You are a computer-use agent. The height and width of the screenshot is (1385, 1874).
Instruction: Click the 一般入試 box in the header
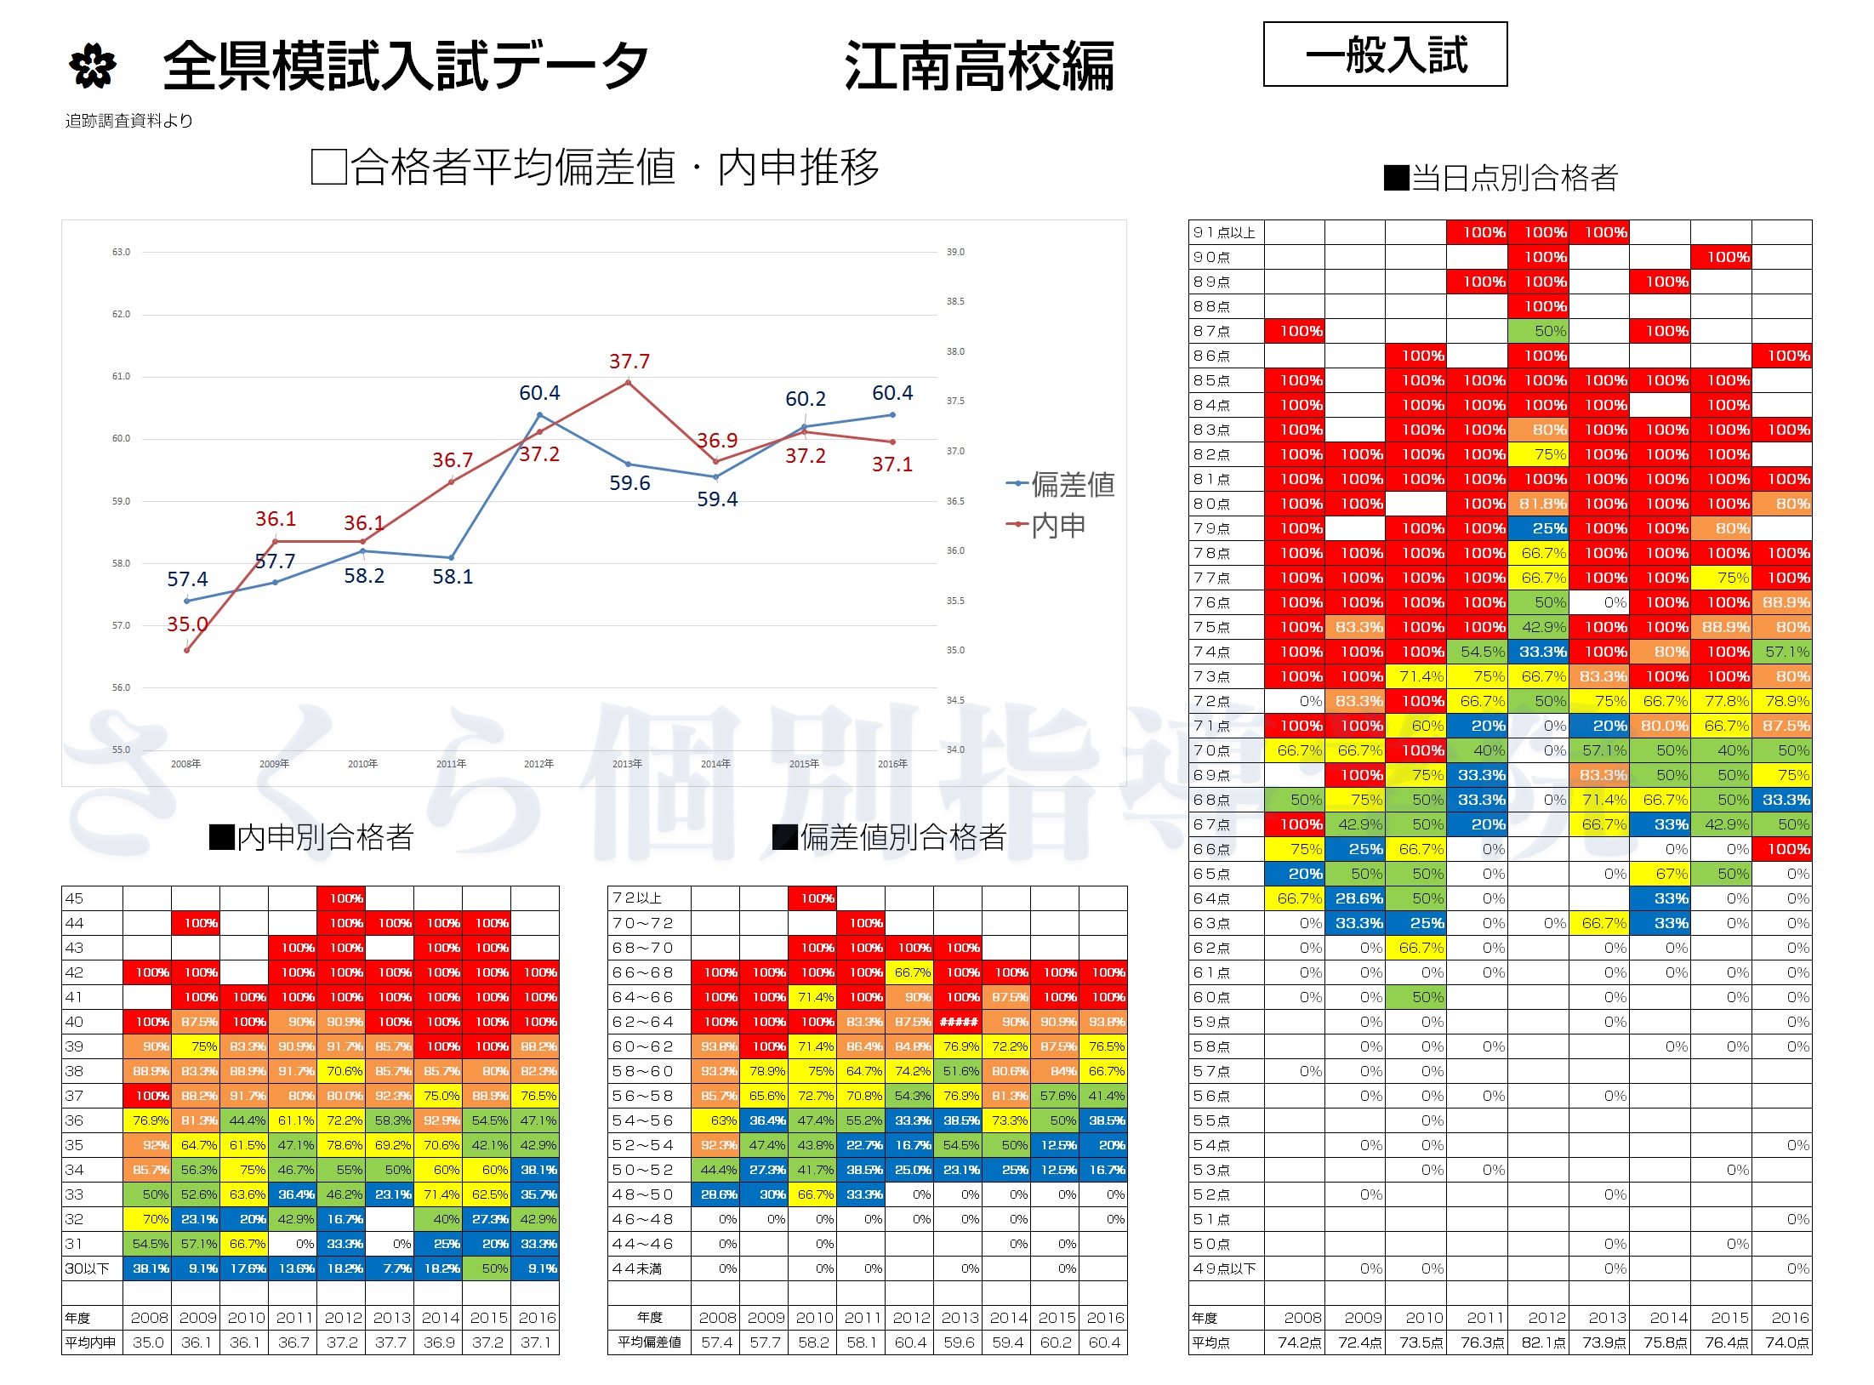1385,54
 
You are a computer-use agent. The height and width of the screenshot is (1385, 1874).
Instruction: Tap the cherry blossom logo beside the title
92,66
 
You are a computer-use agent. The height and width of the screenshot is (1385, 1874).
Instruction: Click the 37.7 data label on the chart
629,362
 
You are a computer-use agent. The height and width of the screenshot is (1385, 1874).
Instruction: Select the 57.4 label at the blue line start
187,579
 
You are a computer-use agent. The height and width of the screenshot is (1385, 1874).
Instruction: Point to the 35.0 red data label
187,624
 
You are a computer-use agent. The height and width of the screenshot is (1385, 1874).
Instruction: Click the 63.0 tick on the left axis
121,252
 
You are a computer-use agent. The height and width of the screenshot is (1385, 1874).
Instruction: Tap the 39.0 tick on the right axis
955,252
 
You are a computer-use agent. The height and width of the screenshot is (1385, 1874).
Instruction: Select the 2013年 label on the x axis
627,764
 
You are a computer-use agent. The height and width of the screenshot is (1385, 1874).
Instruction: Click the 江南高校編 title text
979,66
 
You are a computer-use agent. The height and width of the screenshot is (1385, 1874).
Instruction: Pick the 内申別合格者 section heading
312,837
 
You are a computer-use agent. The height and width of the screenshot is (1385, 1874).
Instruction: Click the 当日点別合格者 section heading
1501,178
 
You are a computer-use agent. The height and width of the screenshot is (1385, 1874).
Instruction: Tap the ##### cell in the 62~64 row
958,1022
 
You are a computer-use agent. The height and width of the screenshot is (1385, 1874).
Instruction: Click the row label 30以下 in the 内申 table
88,1268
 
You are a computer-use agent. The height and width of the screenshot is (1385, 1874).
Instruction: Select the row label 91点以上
1224,232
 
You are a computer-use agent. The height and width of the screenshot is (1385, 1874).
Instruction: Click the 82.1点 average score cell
1543,1342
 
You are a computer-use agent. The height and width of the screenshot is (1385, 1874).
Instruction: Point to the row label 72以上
637,898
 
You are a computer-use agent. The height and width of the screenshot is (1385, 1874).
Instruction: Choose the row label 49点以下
1224,1268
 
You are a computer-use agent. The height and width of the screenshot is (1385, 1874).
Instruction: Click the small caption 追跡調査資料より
129,121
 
